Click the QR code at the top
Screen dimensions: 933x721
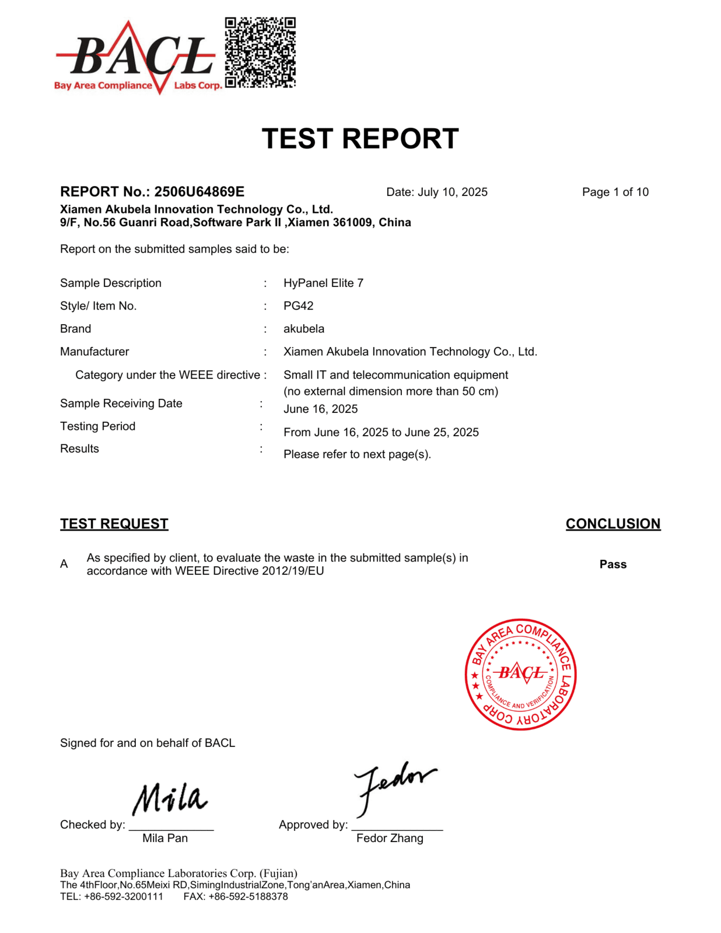pos(260,52)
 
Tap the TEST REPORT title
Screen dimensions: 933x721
pos(360,139)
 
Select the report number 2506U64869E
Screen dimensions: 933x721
pos(199,192)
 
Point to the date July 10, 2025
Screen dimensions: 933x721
pos(452,192)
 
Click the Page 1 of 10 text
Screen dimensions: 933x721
pos(615,192)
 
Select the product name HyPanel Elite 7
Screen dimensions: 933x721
pos(323,283)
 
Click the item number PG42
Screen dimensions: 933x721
pos(298,306)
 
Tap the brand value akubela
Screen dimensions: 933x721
pos(303,329)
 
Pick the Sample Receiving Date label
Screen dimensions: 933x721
pos(121,404)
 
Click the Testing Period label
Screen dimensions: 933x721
pos(97,426)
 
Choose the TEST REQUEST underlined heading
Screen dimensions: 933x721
pos(114,524)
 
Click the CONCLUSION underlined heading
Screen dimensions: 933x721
pos(612,524)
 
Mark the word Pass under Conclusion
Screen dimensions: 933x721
pos(612,564)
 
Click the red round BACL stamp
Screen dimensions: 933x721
pos(520,674)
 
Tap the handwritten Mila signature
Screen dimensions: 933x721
pos(170,798)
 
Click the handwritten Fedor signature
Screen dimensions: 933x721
pos(393,784)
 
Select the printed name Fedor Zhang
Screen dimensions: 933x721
pos(390,838)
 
